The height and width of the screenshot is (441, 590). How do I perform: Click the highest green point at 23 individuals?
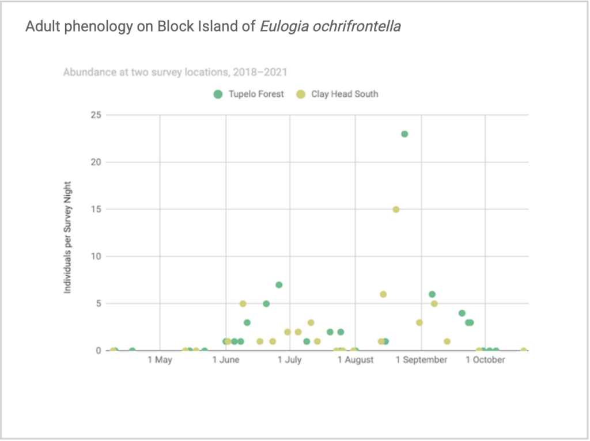tap(404, 134)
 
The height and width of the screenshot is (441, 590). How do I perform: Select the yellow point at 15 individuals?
tap(396, 210)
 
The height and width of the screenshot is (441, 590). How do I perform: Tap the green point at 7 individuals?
tap(279, 285)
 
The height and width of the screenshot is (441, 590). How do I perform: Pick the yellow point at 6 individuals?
tap(383, 294)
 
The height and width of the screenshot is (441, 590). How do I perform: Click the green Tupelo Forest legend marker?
tap(218, 94)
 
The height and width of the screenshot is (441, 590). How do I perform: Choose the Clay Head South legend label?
tap(345, 94)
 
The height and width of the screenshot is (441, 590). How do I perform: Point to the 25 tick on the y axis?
tap(96, 115)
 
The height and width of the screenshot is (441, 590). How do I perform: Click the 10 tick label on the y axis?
tap(96, 256)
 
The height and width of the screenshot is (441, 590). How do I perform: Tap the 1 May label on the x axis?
tap(160, 360)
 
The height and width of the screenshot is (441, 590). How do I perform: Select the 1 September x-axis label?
tap(421, 360)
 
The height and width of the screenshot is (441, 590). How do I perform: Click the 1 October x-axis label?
tap(485, 360)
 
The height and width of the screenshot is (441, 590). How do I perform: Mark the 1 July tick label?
tap(290, 360)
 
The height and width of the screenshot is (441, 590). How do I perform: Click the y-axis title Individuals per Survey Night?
tap(67, 238)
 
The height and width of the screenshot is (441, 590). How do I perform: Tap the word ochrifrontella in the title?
tap(357, 26)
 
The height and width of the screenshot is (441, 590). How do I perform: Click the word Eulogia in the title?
tap(284, 26)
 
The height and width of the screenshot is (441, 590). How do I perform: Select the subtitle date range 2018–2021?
tap(260, 72)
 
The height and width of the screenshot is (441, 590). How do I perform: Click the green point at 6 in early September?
tap(432, 294)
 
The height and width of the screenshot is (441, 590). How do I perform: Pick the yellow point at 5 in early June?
tap(243, 304)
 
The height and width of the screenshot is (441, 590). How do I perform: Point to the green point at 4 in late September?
tap(462, 313)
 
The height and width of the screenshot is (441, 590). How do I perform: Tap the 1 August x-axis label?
tap(355, 360)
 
